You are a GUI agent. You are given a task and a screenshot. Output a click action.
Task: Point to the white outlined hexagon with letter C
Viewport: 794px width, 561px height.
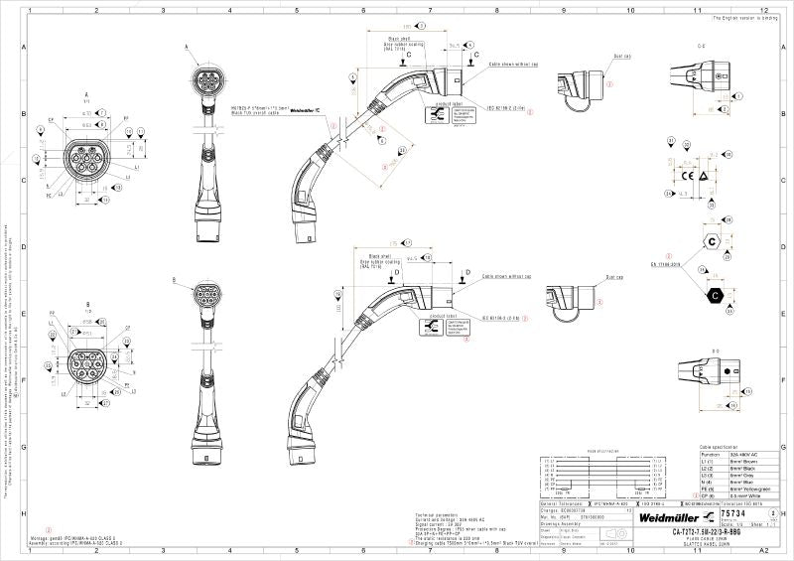coord(711,240)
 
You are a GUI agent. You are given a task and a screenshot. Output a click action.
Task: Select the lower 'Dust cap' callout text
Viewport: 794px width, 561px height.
coord(613,278)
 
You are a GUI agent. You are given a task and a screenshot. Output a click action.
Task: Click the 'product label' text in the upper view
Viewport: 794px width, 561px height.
coord(438,103)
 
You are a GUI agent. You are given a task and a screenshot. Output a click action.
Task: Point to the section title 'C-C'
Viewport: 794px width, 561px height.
coord(702,47)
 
